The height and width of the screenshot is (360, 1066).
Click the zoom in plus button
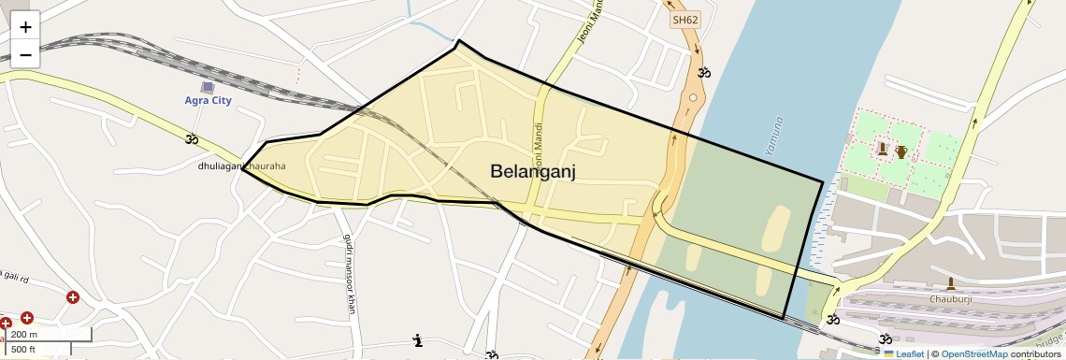point(25,27)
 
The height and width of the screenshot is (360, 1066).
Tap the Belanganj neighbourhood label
point(532,170)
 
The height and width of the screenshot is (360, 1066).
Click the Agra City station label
point(208,100)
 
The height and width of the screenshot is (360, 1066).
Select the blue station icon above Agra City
point(208,87)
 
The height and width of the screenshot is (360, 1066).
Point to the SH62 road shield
point(684,19)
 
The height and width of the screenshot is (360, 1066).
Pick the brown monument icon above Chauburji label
point(950,283)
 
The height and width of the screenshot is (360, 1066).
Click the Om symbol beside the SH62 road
point(704,72)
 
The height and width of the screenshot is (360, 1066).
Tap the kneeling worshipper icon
point(417,339)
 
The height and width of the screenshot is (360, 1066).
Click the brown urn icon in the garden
point(900,151)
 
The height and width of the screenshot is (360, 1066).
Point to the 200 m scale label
point(25,335)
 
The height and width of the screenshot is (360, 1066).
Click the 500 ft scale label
point(23,350)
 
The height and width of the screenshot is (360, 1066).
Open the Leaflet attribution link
point(903,353)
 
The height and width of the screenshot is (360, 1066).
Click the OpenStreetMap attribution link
point(973,353)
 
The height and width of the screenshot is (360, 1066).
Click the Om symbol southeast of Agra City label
point(192,139)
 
